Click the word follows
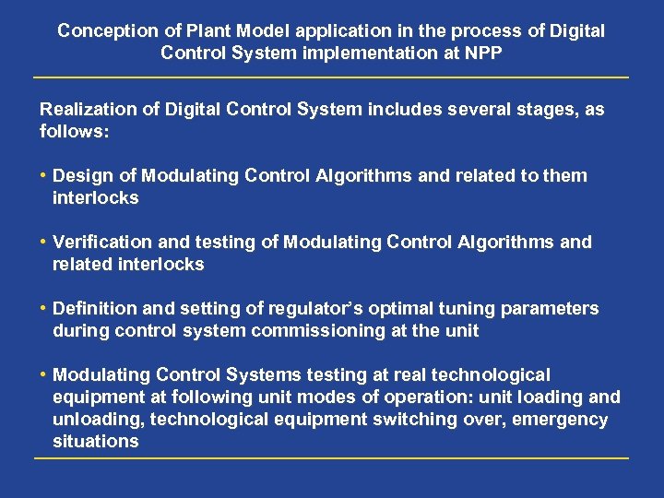click(x=73, y=132)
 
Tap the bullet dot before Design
click(x=44, y=175)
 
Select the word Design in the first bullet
click(x=83, y=175)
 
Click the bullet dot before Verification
click(x=44, y=242)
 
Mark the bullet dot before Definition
click(x=44, y=308)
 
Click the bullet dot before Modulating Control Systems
click(x=44, y=374)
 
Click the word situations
click(x=95, y=441)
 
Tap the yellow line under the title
click(x=331, y=77)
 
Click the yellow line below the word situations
click(x=331, y=457)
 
